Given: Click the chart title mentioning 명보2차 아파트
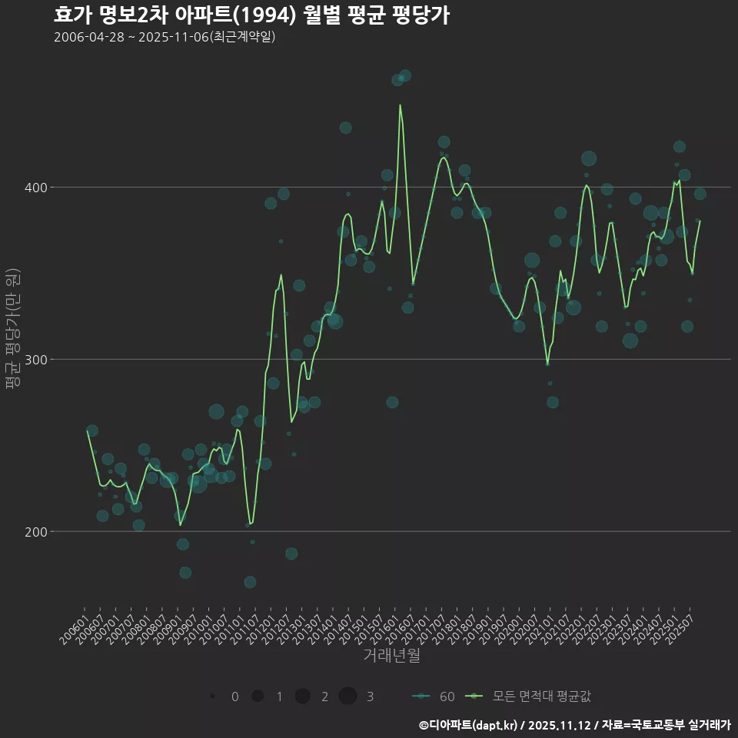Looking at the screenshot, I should click(251, 15).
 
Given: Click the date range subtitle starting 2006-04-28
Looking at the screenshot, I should click(165, 37).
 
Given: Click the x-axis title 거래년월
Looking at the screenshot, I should click(391, 656).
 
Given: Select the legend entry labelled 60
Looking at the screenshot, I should click(434, 696).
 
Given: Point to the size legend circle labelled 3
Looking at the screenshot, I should click(347, 696).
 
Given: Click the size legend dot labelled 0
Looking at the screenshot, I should click(212, 696).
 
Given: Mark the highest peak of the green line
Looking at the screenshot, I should click(400, 105).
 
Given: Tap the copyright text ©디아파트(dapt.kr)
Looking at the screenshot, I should click(467, 725).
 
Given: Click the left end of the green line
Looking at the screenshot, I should click(88, 430).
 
